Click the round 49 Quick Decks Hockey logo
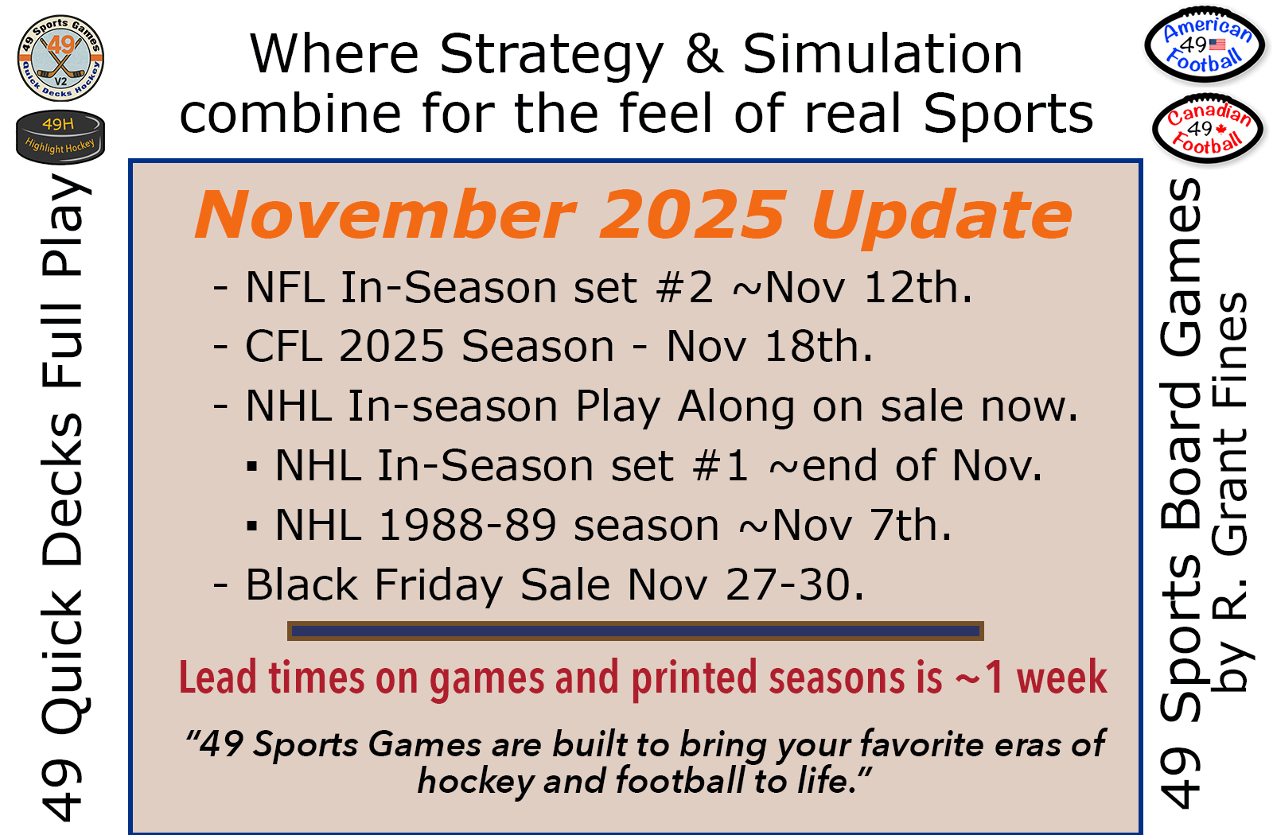click(60, 58)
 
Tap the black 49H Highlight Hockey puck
click(60, 137)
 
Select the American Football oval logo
click(1205, 45)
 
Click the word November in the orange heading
click(386, 216)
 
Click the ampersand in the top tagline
click(703, 53)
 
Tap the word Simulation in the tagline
click(882, 53)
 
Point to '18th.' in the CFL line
click(819, 347)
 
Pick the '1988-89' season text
click(466, 525)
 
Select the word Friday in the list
click(438, 585)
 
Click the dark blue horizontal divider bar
click(636, 631)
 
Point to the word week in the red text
click(1061, 677)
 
